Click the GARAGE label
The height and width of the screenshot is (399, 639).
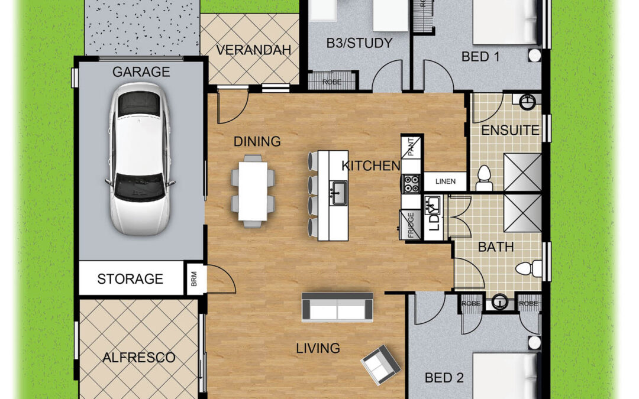pos(141,72)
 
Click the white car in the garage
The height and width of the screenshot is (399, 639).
pos(140,159)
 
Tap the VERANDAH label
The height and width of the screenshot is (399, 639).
pos(253,50)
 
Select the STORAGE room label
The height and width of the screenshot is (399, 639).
pos(130,279)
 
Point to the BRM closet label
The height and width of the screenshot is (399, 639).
pos(194,279)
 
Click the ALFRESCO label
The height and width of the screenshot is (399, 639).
pos(139,358)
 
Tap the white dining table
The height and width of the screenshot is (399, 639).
pos(253,191)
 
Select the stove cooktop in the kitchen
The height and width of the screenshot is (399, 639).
pos(411,183)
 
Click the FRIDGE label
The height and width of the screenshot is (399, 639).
pos(411,225)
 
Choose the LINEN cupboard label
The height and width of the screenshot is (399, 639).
pos(445,181)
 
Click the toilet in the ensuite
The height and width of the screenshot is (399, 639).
pos(484,179)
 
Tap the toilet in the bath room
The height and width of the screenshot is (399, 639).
pos(528,269)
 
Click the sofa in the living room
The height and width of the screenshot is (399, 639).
pos(337,307)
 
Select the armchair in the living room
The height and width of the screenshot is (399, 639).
pos(380,365)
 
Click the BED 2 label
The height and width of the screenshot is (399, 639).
pos(444,378)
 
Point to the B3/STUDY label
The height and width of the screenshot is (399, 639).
pos(359,43)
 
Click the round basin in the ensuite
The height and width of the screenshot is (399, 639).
pos(528,102)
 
